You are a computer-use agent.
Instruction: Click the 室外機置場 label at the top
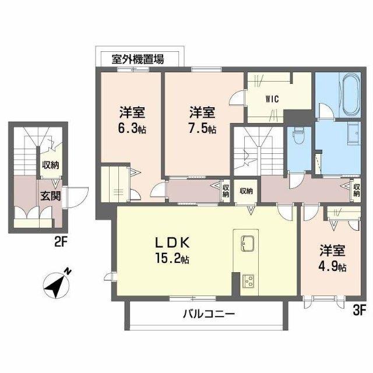coord(138,58)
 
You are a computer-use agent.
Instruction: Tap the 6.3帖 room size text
coord(132,128)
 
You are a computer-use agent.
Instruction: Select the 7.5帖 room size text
coord(203,128)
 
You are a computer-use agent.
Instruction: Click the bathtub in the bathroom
coord(351,94)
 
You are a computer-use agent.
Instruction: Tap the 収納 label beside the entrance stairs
coord(50,165)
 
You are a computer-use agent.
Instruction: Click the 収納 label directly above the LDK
coord(246,191)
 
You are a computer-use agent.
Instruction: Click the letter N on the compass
coord(69,270)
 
